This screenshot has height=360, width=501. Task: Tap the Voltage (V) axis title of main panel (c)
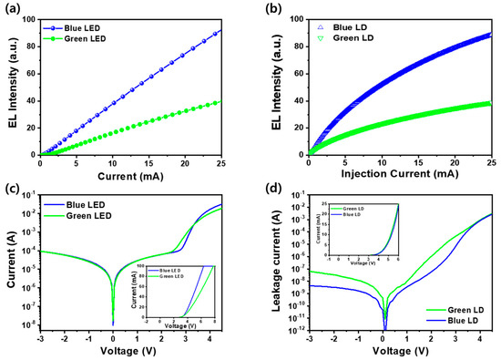tap(129, 351)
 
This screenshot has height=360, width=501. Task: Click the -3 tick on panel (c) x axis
tap(40, 336)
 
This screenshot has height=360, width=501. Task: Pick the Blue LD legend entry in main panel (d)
tap(460, 321)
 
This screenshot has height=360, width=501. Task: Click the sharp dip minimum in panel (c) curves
tap(113, 322)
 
